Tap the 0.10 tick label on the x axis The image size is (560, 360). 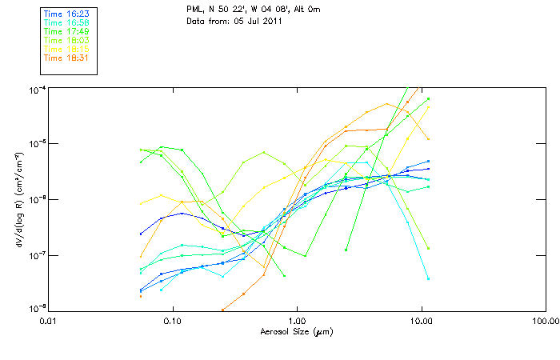point(172,320)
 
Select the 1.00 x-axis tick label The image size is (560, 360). point(297,320)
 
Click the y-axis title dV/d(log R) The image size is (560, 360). point(20,198)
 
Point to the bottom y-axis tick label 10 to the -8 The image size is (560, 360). point(37,310)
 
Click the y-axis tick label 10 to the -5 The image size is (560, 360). point(37,143)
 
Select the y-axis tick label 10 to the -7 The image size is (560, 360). point(37,254)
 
